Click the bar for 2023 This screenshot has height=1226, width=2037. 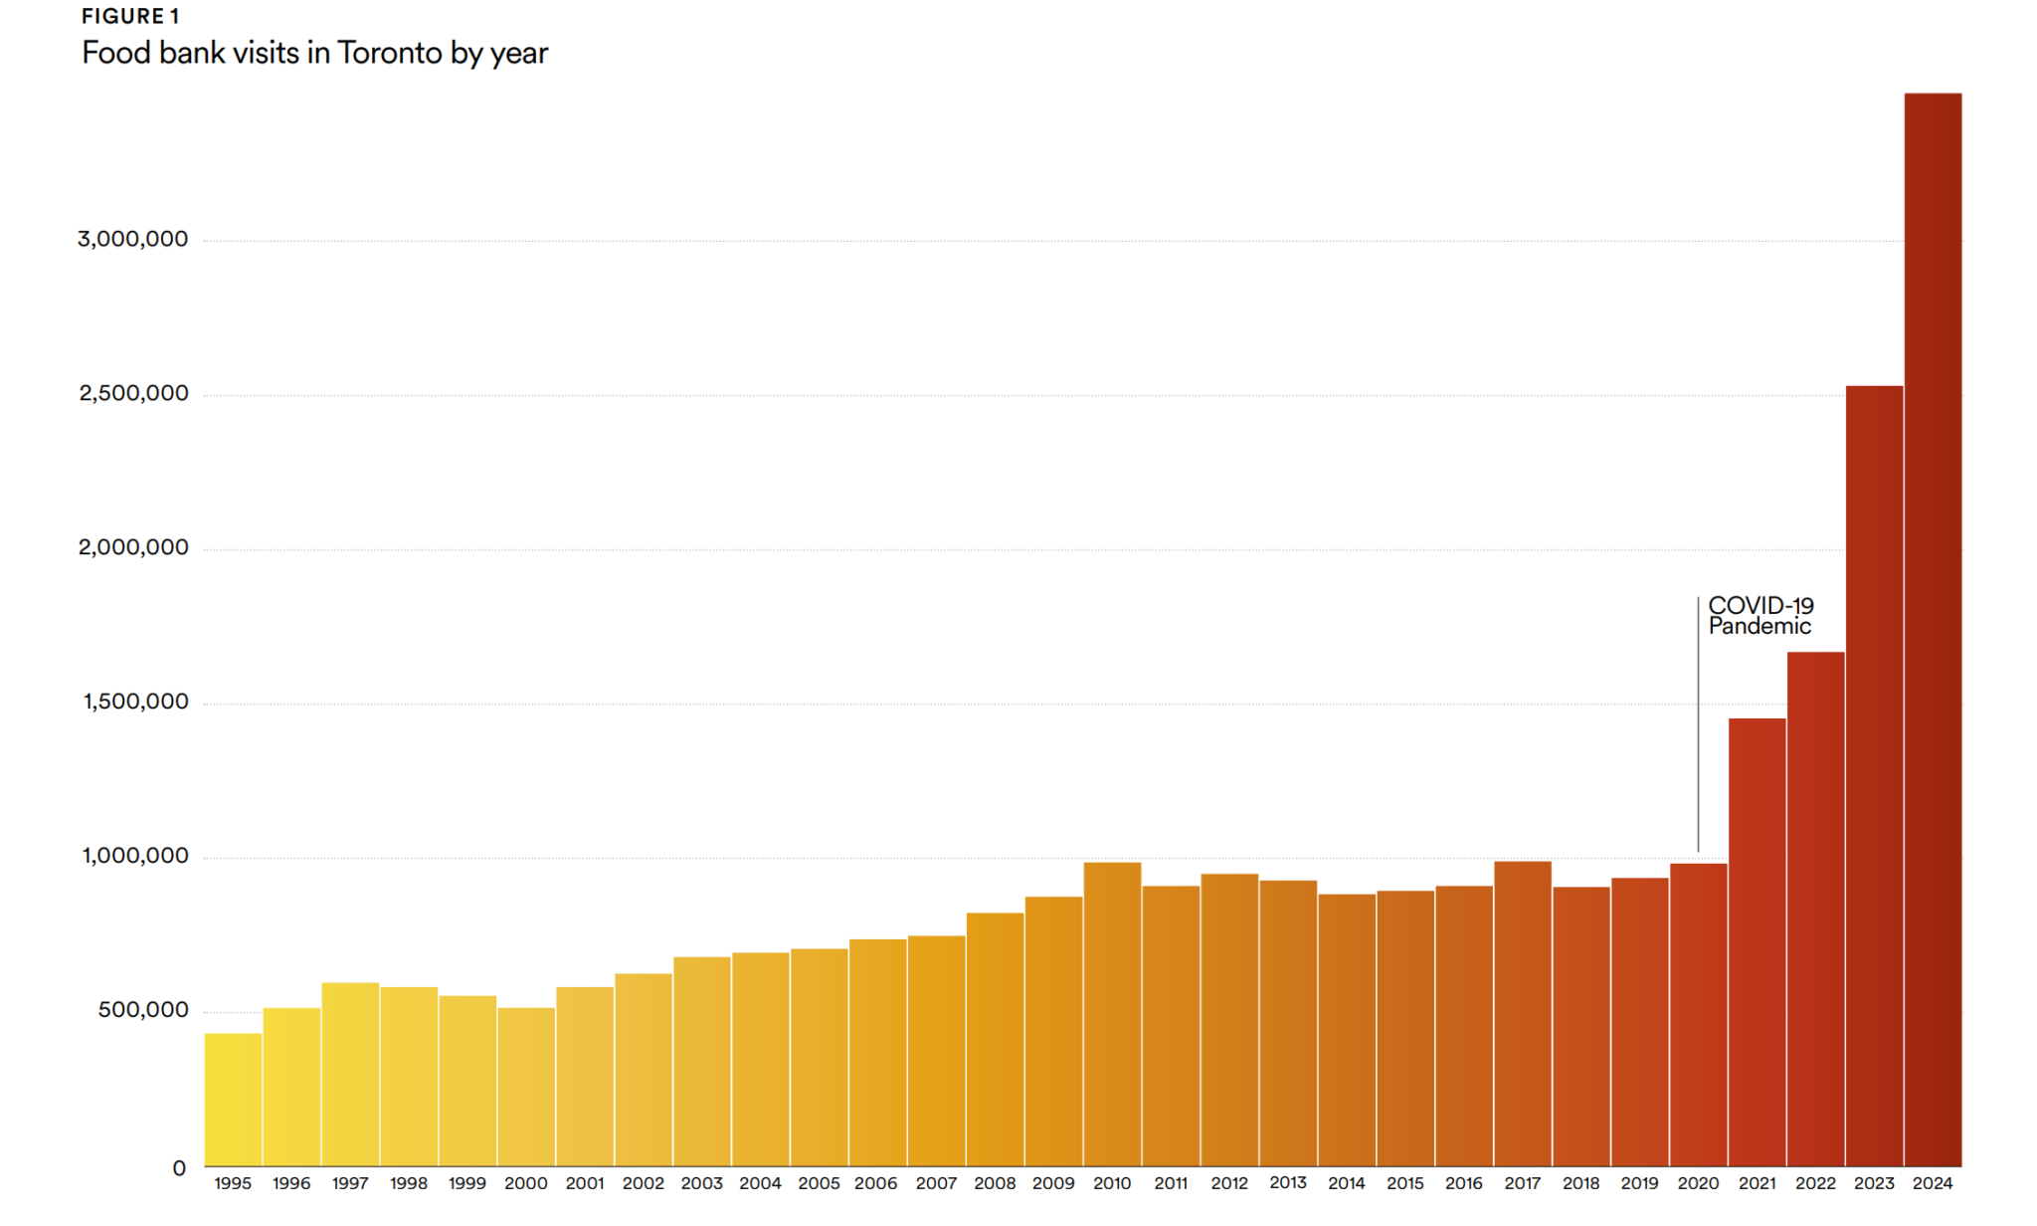pos(1874,776)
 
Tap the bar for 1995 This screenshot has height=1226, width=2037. pos(233,1100)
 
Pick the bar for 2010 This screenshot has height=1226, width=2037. pos(1112,1014)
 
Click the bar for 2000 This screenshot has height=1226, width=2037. pos(526,1087)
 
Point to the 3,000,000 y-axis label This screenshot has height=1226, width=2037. pos(132,239)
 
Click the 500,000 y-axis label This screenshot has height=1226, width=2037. pos(142,1010)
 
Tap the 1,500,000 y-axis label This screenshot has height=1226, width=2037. pos(135,702)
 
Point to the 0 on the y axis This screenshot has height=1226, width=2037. pos(179,1168)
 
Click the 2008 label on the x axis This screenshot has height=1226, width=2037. pos(995,1183)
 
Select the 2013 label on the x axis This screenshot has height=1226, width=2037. pos(1288,1182)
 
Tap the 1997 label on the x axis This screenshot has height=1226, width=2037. pos(350,1183)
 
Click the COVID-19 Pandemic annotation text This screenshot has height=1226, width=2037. pos(1760,616)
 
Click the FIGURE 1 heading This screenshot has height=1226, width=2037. pos(130,16)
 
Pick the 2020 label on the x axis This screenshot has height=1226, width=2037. pos(1698,1183)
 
